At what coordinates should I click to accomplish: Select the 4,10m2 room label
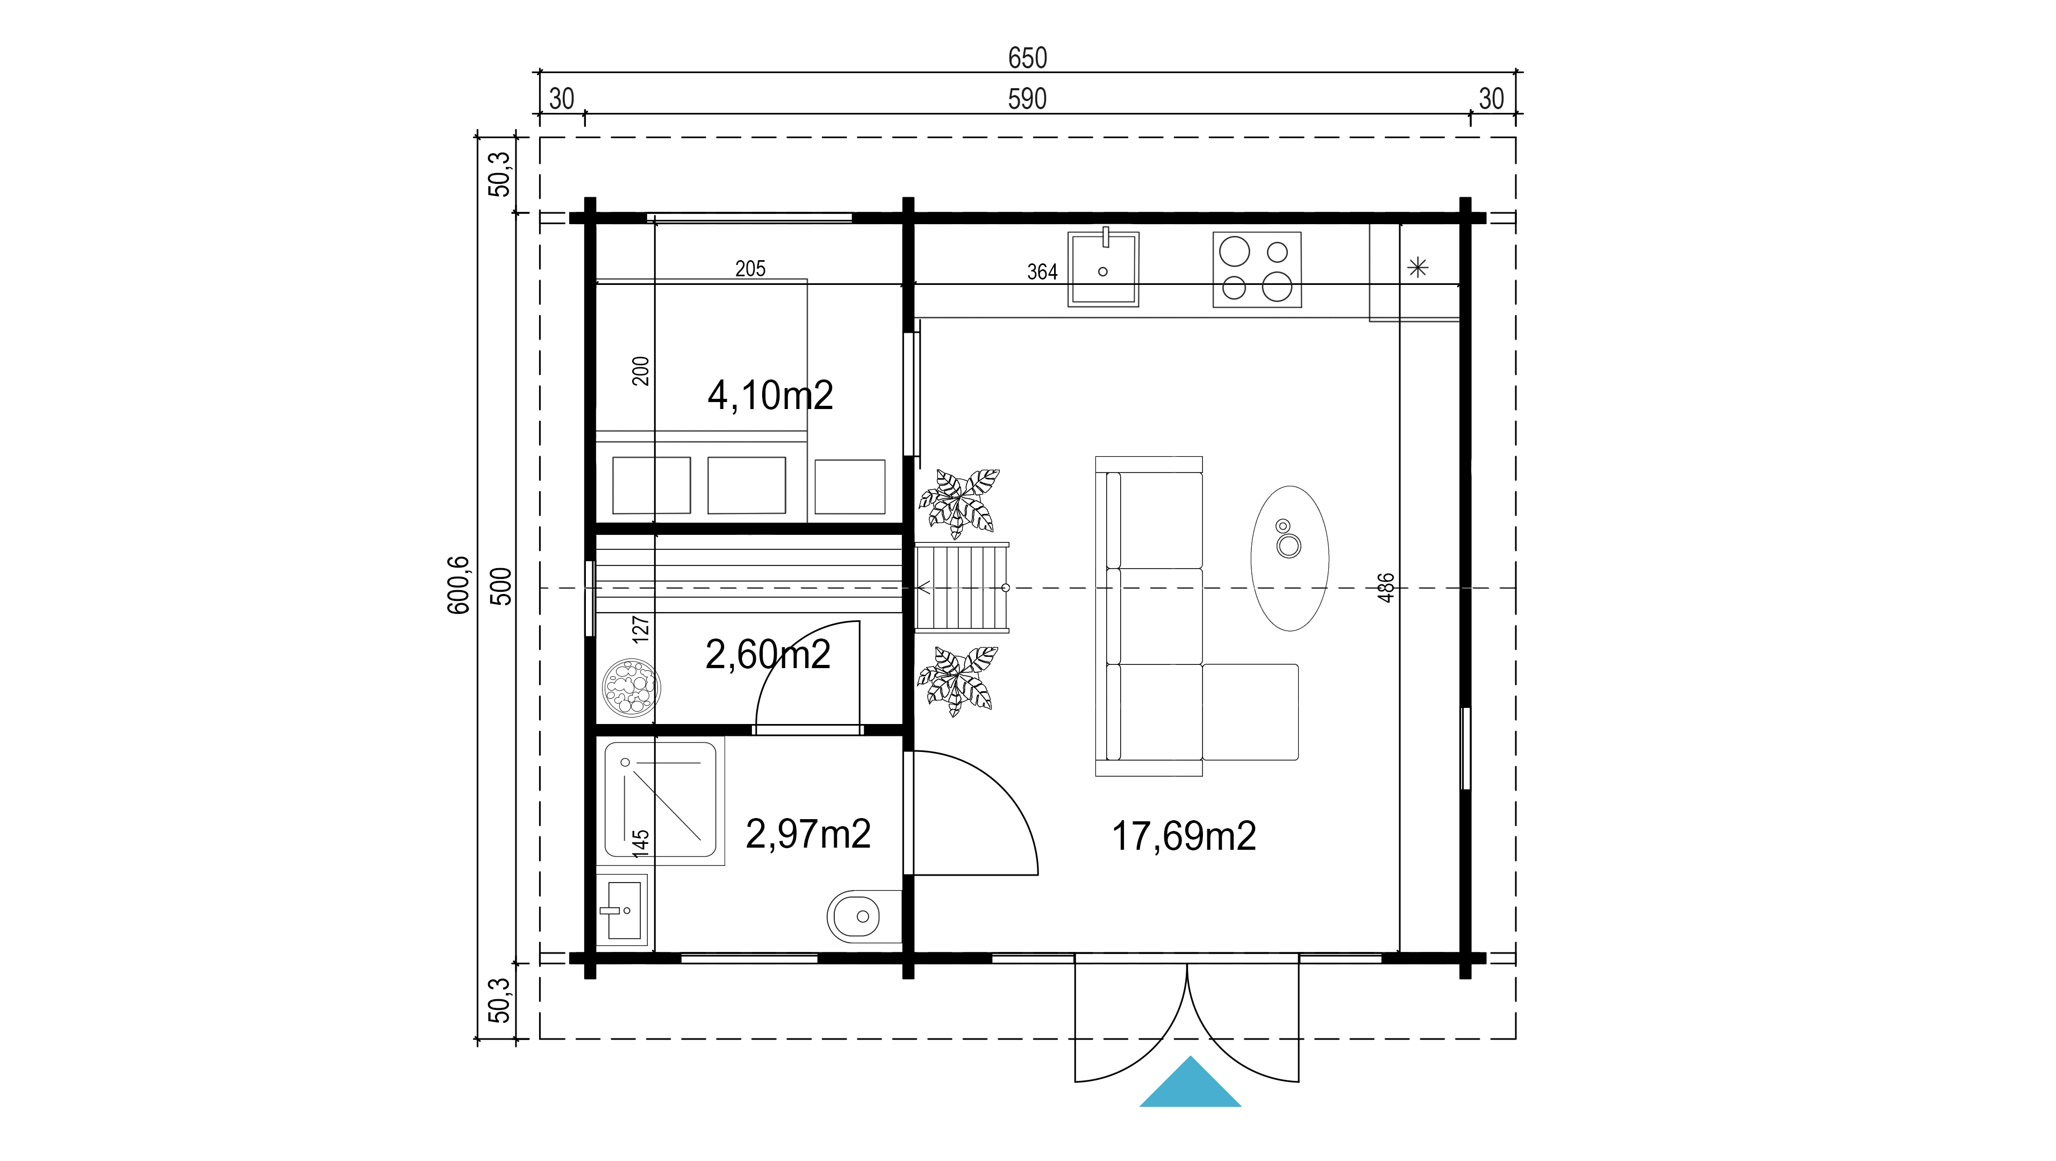[770, 396]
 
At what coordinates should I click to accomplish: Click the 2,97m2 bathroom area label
[808, 834]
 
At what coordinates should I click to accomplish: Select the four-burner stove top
[1257, 270]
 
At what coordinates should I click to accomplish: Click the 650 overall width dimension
[1027, 58]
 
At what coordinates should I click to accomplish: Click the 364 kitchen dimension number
[1042, 272]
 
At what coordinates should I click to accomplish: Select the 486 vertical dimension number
[1386, 588]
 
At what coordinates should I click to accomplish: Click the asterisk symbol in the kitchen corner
[1417, 267]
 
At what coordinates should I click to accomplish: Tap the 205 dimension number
[750, 269]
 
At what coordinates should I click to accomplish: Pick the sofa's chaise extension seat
[1250, 712]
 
